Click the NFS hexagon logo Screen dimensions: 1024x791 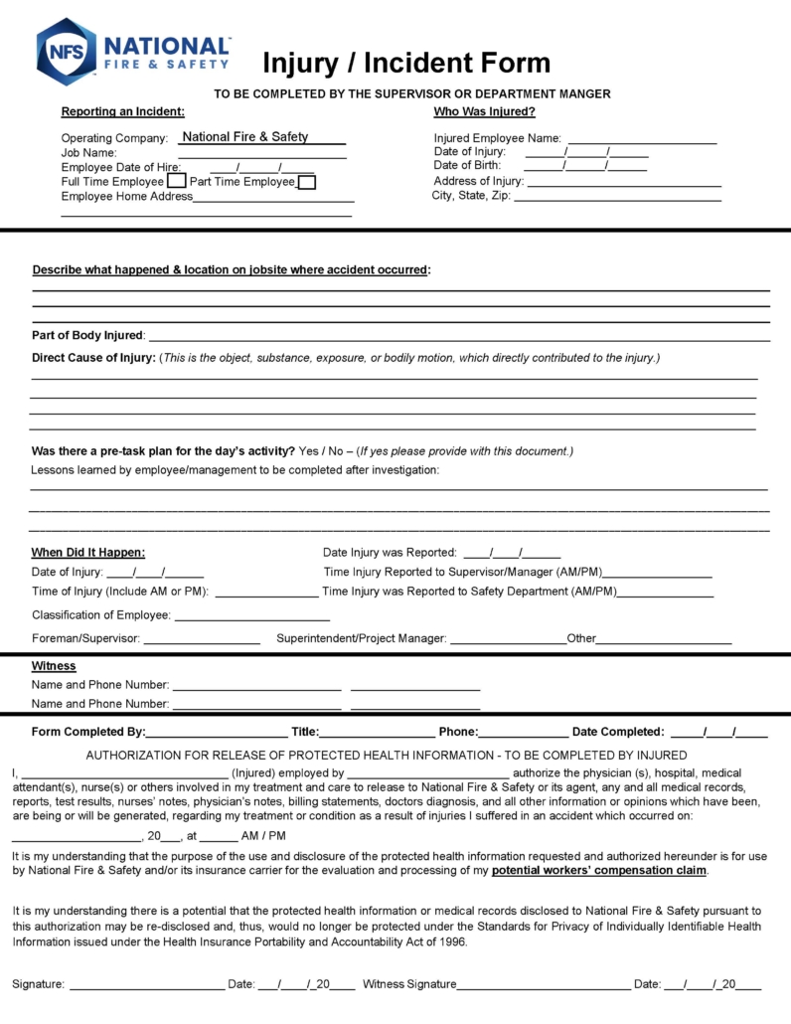tap(66, 52)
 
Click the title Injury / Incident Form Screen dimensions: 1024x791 tap(405, 64)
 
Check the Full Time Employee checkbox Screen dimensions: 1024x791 tap(176, 182)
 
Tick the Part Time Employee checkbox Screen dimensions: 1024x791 tap(307, 182)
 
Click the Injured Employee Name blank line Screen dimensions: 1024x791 tap(641, 140)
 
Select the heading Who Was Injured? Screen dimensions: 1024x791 tap(484, 111)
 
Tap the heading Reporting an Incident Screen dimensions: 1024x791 tap(122, 111)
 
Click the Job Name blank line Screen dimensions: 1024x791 tap(262, 154)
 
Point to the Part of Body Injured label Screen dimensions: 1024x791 tap(88, 335)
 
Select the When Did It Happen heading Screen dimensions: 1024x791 tap(88, 553)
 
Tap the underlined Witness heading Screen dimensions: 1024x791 tap(54, 666)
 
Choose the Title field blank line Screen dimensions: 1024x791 tap(377, 733)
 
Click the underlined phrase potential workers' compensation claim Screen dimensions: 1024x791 tap(599, 871)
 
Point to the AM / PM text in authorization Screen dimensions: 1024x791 tap(262, 836)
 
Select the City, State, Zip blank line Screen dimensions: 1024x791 tap(617, 197)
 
